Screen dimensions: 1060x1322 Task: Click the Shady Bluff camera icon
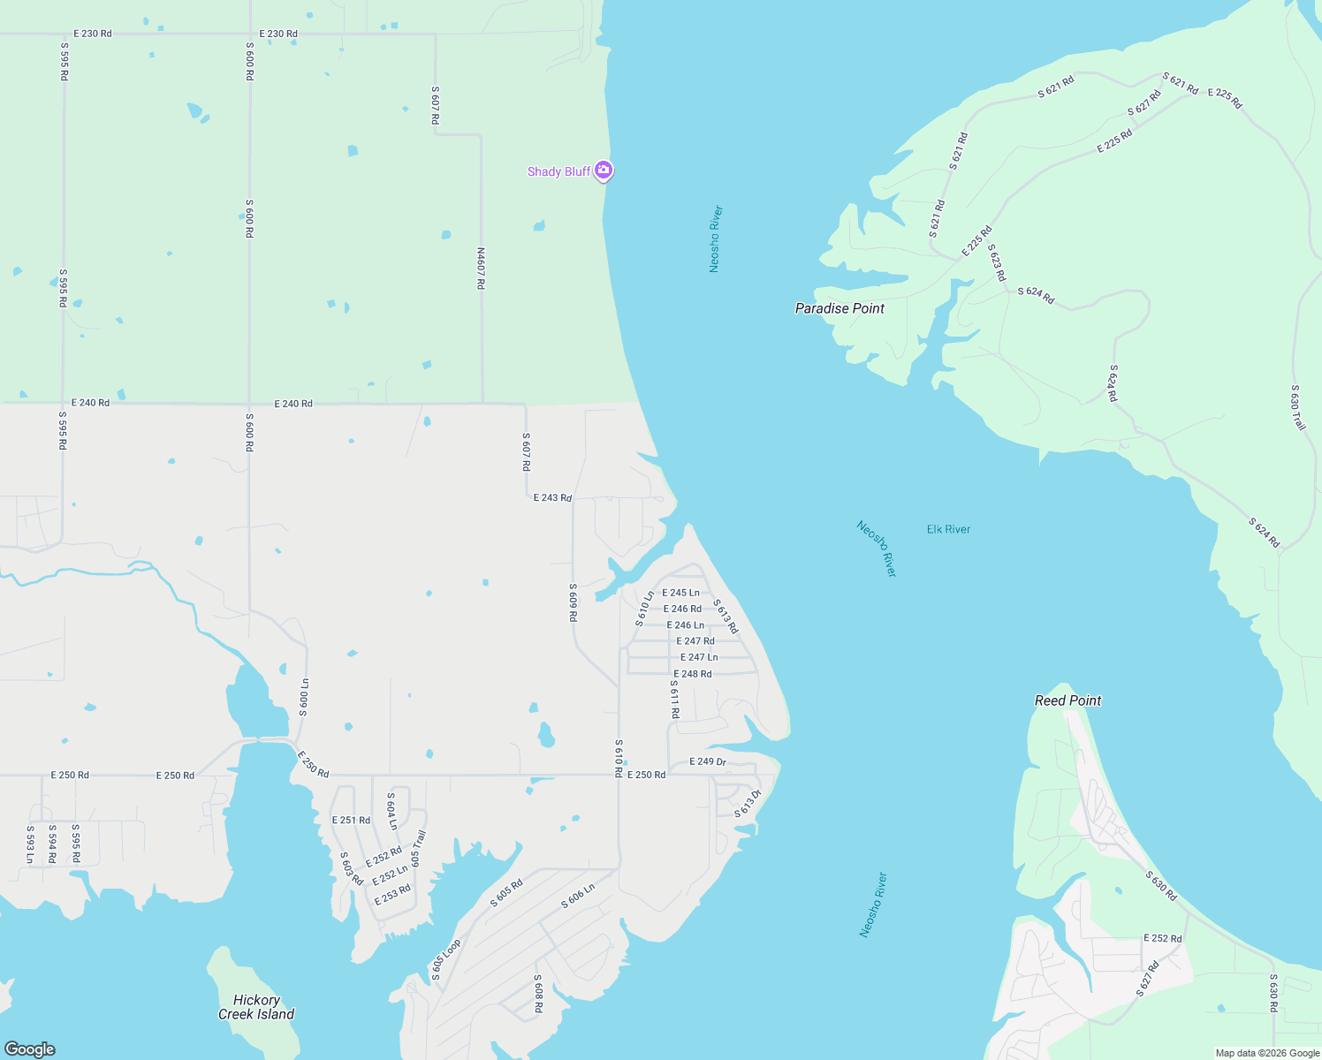(604, 170)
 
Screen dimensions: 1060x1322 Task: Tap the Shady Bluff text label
(558, 171)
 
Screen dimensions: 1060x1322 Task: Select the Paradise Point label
(840, 308)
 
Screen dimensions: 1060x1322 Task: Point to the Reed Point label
(1067, 700)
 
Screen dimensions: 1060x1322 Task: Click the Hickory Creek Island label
(256, 1007)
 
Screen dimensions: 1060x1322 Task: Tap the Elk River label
(948, 529)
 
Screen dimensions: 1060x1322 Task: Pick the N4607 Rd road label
(481, 269)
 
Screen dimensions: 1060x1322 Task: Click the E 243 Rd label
(552, 498)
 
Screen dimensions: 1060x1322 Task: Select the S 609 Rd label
(573, 602)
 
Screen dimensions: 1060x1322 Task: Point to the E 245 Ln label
(680, 593)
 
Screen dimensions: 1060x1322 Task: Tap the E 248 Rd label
(692, 674)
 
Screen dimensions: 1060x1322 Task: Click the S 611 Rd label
(674, 699)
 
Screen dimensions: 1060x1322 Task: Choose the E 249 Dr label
(707, 761)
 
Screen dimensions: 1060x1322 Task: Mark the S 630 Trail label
(1297, 408)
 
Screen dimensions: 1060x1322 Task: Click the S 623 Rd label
(997, 262)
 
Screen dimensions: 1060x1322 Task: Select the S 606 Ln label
(578, 896)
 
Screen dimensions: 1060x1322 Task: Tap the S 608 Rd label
(537, 994)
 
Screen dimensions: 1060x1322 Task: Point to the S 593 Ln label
(30, 844)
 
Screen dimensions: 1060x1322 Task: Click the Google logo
(29, 1049)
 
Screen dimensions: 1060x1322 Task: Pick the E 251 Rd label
(351, 821)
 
